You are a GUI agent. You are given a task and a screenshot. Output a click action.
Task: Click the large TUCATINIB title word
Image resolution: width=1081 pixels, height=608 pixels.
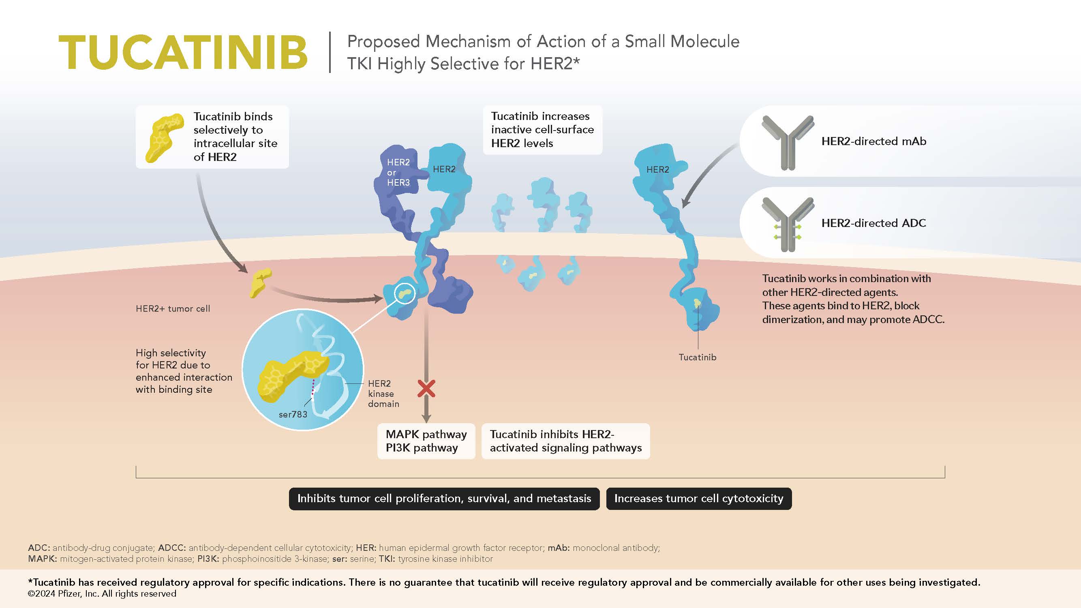183,52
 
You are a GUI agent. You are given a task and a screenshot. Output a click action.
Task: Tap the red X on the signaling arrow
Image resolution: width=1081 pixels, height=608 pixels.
426,389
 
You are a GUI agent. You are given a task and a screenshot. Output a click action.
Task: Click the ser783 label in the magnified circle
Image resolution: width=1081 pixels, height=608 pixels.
293,414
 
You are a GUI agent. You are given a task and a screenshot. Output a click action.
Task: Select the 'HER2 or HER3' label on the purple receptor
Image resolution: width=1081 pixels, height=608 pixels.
398,172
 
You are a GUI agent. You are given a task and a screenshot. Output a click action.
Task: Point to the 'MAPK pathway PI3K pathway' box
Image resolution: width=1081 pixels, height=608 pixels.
426,441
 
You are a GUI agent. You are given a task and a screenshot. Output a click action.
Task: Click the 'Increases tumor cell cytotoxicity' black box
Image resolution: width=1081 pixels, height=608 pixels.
699,499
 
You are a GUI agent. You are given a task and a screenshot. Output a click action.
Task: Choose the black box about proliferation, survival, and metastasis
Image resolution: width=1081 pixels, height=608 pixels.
444,499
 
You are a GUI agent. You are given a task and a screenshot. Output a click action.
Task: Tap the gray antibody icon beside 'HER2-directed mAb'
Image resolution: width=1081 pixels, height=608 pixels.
788,143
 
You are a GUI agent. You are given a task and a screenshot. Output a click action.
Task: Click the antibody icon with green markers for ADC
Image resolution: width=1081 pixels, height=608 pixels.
788,225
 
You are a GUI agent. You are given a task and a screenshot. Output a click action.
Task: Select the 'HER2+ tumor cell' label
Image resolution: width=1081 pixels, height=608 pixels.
173,309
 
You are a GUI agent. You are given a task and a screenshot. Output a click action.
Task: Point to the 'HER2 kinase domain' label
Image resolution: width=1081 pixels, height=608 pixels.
383,394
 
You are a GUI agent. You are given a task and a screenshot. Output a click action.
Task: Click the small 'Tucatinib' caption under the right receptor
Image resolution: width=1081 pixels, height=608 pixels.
698,358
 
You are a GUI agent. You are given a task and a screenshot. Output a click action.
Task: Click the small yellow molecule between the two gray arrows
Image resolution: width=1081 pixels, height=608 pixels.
261,283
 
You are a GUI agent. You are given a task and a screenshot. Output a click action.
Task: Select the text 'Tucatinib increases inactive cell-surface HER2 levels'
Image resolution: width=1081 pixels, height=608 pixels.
543,130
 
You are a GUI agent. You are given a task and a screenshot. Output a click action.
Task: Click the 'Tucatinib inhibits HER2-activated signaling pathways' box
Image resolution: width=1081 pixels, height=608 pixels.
566,441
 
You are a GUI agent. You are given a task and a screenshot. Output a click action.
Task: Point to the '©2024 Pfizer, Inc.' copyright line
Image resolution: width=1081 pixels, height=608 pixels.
102,594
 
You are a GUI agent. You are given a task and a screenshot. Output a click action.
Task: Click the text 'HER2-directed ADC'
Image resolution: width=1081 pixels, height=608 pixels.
874,223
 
